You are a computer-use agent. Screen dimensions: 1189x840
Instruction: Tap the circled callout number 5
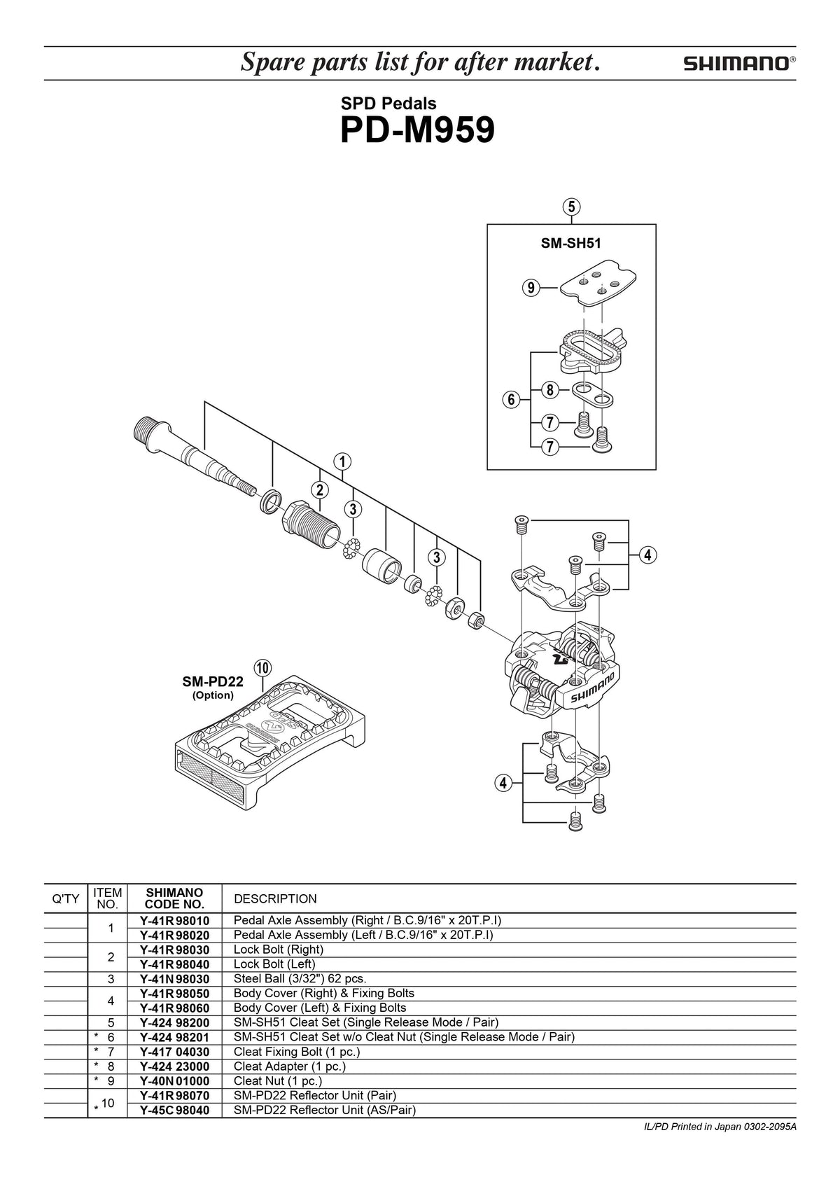[x=571, y=207]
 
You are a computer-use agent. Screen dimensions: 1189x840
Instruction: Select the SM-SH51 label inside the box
[x=571, y=243]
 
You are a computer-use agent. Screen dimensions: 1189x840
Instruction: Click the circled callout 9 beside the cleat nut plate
[x=531, y=287]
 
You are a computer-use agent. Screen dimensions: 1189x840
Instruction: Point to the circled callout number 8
[x=550, y=390]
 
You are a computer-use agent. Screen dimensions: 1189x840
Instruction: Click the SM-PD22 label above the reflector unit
[x=212, y=681]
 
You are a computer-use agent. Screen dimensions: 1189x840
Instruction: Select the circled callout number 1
[x=342, y=461]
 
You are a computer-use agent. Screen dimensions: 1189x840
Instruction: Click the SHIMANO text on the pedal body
[x=592, y=689]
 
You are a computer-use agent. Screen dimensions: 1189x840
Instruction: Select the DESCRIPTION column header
[x=275, y=898]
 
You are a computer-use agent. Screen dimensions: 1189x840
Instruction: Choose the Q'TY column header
[x=66, y=898]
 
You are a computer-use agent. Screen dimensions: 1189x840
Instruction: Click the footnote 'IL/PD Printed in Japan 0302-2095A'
[x=720, y=1127]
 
